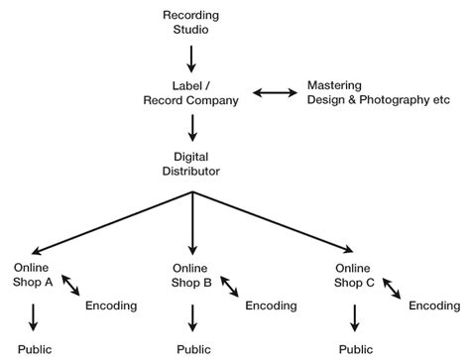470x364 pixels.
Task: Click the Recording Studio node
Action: coord(192,23)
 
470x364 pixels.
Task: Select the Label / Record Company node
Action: coord(192,92)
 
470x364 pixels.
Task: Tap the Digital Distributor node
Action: coord(192,164)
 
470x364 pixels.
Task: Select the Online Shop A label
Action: coord(33,274)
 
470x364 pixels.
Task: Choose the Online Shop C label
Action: coord(354,274)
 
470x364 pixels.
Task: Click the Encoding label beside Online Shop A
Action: coord(111,304)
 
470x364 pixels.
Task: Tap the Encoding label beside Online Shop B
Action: coord(271,304)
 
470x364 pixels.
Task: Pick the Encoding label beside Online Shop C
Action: coord(434,305)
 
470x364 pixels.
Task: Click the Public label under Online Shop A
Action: coord(34,349)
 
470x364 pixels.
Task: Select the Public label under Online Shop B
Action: coord(192,349)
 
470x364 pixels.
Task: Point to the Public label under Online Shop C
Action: coord(355,349)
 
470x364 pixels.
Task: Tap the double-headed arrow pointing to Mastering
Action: coord(275,93)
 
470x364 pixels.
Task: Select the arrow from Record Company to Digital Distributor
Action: coord(192,127)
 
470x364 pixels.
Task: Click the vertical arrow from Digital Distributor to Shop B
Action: coord(192,223)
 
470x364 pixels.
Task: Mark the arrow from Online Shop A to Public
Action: coord(34,316)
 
